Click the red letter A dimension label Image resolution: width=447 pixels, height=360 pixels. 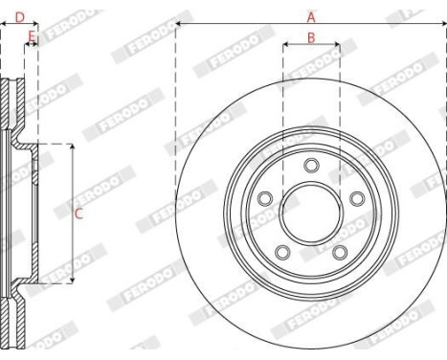310,16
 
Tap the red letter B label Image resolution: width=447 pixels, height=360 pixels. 310,37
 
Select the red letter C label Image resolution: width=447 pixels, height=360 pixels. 78,214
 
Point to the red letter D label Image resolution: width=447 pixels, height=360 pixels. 19,16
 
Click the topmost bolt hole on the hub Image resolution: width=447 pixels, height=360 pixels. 311,166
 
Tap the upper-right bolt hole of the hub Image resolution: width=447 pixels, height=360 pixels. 357,199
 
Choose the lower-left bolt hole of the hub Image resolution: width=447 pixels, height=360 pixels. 282,252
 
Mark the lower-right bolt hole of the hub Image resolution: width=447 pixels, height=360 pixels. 340,252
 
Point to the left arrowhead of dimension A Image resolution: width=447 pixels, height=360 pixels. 179,26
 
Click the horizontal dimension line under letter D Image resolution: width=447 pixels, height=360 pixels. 19,26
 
